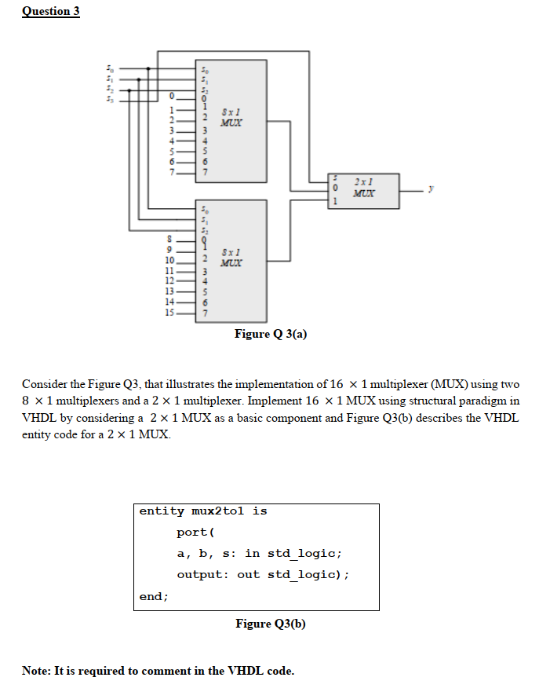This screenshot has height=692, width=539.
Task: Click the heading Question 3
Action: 51,11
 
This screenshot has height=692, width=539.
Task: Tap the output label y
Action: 430,189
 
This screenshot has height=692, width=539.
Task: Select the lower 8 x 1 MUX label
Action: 231,257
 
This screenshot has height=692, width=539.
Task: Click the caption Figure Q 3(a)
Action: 270,334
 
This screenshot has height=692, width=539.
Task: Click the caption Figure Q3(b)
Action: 270,624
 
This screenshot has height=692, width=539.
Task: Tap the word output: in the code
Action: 202,574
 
